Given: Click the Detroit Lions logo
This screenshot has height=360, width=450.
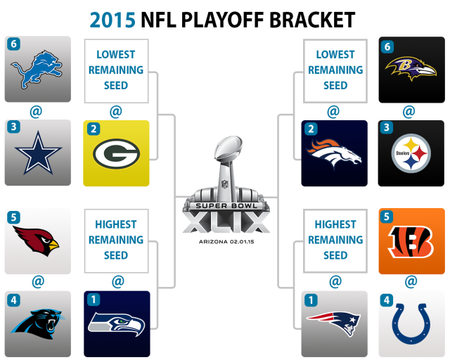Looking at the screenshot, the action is (37, 69).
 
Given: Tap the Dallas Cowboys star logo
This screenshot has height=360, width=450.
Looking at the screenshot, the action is (38, 153).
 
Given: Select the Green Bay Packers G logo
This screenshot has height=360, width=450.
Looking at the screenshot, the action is (116, 153).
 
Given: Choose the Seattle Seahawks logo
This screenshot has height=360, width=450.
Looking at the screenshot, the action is (116, 324).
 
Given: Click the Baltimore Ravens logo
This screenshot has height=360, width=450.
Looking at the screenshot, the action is (411, 69).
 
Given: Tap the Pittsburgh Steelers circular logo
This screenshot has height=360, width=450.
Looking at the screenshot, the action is (411, 153).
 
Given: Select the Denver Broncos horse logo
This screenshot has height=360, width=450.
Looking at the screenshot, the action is (334, 153).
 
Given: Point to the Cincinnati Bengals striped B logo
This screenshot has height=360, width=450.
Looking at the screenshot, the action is (411, 241).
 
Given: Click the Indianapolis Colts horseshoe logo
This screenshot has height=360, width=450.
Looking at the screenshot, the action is (411, 323).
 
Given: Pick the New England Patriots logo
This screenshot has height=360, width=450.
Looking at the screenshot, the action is (333, 323).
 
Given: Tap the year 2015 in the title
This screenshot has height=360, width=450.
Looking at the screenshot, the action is (112, 20).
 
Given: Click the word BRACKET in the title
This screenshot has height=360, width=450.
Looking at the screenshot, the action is (312, 20).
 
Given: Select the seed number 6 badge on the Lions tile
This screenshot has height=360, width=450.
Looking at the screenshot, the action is (13, 44).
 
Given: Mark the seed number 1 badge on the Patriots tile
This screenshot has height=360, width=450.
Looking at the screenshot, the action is (311, 300).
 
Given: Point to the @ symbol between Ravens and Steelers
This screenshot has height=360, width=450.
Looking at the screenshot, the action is (409, 111).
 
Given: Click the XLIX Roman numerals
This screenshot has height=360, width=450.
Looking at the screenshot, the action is (226, 221).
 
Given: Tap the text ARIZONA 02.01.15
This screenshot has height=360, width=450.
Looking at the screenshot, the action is (226, 242).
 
